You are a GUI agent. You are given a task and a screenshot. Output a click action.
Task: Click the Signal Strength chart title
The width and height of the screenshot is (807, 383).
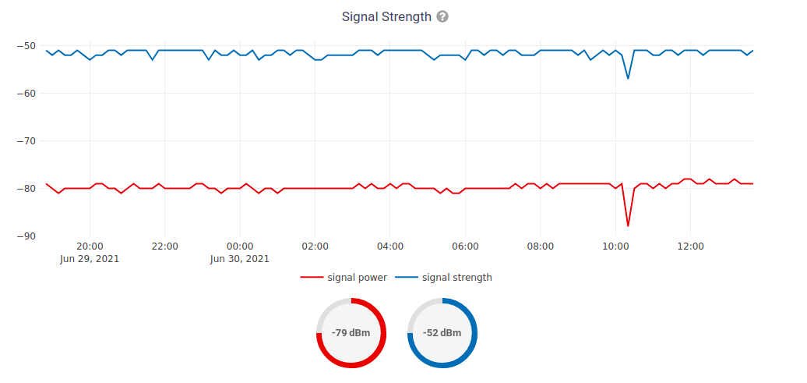(x=386, y=16)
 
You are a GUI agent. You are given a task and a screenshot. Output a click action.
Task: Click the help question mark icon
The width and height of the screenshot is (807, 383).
(x=442, y=16)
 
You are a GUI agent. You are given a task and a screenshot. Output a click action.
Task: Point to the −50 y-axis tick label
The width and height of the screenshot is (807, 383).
(x=26, y=46)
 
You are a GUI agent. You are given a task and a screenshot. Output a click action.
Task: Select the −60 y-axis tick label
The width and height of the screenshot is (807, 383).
(x=26, y=94)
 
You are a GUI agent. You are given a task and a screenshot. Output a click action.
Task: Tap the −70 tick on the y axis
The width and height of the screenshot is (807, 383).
(x=26, y=141)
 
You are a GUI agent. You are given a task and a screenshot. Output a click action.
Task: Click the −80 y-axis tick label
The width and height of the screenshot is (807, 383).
(x=26, y=189)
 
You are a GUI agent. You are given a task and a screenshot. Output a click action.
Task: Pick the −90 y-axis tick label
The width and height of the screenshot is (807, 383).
(x=26, y=236)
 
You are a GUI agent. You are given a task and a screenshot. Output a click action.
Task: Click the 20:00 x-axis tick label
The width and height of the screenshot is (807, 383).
(x=90, y=246)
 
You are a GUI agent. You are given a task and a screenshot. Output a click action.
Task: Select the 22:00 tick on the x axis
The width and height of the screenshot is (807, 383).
(x=164, y=246)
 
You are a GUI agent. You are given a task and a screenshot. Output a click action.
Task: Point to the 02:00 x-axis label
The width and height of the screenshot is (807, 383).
(x=315, y=246)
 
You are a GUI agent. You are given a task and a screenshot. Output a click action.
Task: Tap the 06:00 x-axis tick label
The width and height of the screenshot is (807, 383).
(x=465, y=246)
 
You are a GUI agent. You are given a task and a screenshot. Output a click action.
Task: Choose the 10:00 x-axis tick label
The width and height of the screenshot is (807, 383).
(x=615, y=246)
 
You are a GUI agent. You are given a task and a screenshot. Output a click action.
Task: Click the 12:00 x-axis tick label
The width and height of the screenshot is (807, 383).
(x=690, y=246)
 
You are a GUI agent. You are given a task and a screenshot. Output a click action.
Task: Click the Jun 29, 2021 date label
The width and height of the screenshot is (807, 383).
(x=90, y=259)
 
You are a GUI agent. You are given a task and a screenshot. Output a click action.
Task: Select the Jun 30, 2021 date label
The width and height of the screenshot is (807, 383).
(x=240, y=259)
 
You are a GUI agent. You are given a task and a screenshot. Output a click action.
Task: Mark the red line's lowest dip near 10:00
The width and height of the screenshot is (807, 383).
(x=628, y=225)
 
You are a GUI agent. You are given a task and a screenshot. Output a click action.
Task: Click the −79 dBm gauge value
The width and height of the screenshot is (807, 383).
(x=351, y=333)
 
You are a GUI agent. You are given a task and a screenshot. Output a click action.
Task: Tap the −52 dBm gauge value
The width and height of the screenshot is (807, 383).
(x=442, y=333)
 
